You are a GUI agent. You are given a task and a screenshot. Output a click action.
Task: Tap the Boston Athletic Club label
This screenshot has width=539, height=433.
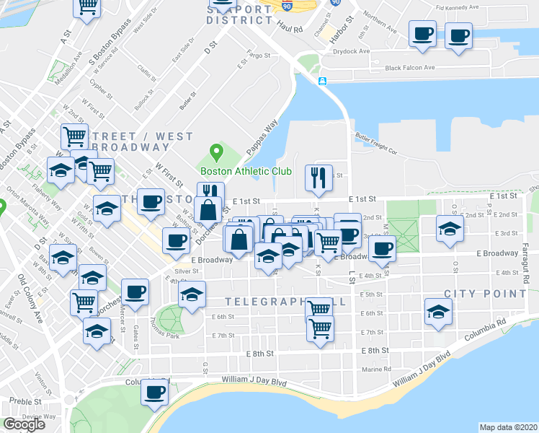[x=246, y=172]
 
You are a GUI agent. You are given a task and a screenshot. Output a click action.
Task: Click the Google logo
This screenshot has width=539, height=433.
[x=24, y=425]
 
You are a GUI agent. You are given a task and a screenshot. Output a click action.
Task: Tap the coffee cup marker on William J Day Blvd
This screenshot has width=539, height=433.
[x=154, y=393]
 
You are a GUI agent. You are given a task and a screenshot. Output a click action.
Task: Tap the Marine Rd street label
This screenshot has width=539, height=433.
[x=377, y=369]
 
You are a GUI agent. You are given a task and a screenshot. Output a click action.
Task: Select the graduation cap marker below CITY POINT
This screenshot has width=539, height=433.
[x=438, y=312]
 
